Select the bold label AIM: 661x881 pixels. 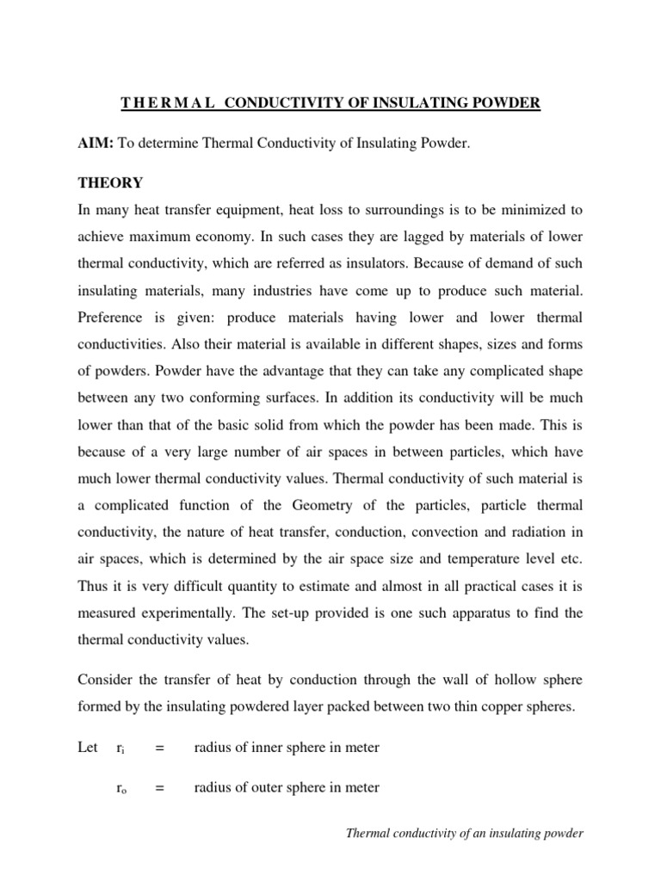[95, 144]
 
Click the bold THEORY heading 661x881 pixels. [110, 183]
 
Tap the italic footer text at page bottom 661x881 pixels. [464, 834]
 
